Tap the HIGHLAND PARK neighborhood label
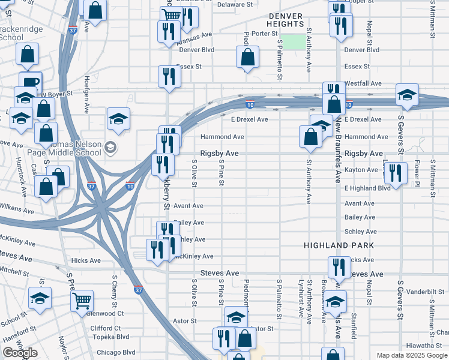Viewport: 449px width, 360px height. (339, 245)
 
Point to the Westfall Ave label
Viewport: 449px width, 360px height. (363, 83)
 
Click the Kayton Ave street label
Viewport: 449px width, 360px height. (361, 170)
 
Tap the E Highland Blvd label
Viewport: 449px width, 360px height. (367, 188)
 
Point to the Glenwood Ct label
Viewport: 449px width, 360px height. (105, 313)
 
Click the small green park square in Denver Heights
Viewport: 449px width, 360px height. (293, 41)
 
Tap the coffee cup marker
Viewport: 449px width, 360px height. (30, 82)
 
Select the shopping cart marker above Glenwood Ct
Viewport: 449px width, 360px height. (82, 301)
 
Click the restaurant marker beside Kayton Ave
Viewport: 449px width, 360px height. (394, 172)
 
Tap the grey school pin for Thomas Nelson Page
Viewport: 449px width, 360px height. (109, 146)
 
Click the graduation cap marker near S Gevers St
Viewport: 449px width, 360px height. (407, 94)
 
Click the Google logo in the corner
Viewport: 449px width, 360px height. (20, 353)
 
